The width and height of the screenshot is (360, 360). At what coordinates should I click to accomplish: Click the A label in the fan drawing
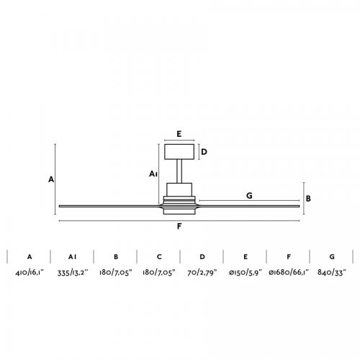pyautogui.click(x=51, y=179)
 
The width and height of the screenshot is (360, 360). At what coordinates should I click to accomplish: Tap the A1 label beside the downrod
pyautogui.click(x=153, y=174)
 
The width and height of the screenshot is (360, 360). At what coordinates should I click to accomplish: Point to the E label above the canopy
pyautogui.click(x=179, y=134)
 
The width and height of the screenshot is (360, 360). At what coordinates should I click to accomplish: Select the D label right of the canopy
pyautogui.click(x=204, y=152)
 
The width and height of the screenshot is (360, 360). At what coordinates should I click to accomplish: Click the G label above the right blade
pyautogui.click(x=249, y=196)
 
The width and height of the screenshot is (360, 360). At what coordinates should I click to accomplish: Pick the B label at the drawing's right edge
pyautogui.click(x=308, y=199)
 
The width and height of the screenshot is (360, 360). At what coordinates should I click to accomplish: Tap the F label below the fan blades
pyautogui.click(x=179, y=226)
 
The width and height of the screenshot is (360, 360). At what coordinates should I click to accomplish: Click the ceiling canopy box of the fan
pyautogui.click(x=179, y=152)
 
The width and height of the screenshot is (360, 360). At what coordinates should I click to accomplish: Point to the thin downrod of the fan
pyautogui.click(x=179, y=171)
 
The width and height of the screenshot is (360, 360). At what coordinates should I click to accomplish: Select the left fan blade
pyautogui.click(x=110, y=206)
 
